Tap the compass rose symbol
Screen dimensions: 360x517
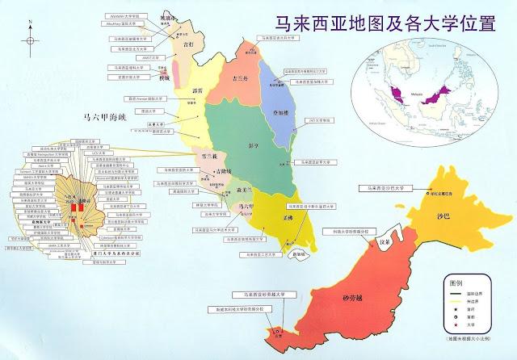point(31,40)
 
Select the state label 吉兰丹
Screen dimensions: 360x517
point(240,79)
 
